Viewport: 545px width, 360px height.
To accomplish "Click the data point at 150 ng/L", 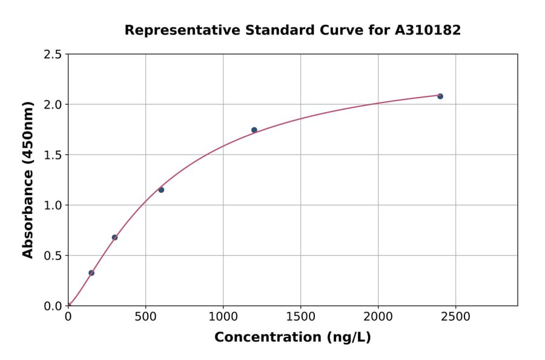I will pos(91,273).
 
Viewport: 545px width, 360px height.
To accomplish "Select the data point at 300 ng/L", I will pos(114,238).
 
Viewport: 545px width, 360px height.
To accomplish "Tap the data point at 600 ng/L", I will pos(161,190).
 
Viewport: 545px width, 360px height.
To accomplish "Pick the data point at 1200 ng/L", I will pos(254,130).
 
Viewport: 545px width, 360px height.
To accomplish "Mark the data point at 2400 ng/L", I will pos(440,96).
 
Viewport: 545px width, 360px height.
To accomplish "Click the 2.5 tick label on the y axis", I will pos(52,55).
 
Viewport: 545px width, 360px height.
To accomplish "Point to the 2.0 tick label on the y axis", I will pos(52,105).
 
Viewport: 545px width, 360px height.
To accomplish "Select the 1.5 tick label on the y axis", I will pos(52,155).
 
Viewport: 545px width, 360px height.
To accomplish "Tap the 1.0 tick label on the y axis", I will pos(52,205).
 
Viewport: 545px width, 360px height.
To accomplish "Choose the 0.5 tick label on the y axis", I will pos(52,256).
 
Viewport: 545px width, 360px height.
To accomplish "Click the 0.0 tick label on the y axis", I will pos(52,306).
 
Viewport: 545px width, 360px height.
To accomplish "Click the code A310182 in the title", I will pos(428,30).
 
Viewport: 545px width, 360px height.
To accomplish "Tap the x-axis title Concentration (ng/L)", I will pos(292,338).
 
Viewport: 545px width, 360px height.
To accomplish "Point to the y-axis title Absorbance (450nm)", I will pos(28,180).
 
